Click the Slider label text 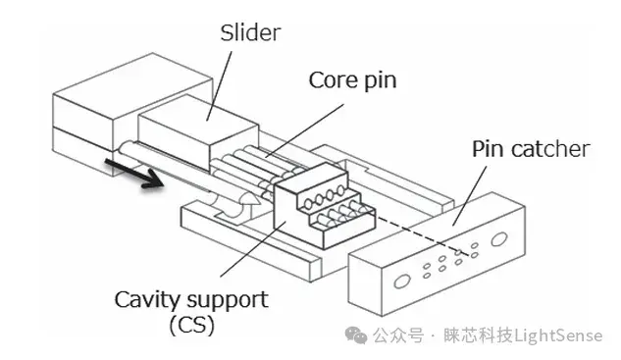250,32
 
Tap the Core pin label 352,80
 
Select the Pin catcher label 531,149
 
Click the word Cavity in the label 146,300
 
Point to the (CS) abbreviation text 191,326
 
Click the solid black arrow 133,173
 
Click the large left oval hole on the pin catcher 401,282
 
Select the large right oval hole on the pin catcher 498,239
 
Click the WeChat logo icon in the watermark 356,335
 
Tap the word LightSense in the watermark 558,335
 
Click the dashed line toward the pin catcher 423,233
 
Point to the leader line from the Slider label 219,85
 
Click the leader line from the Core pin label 304,130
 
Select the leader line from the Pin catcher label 470,195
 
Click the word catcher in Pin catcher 550,150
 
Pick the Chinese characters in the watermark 442,335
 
